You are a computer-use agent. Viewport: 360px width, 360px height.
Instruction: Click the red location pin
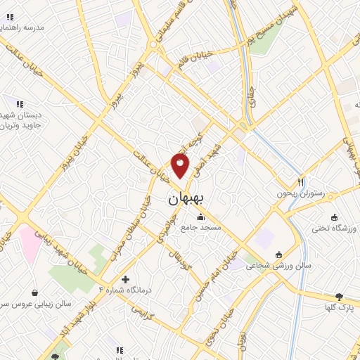pos(181,167)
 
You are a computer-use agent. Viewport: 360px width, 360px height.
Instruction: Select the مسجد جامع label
pos(200,228)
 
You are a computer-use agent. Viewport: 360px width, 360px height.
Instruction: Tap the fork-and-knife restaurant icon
pos(301,180)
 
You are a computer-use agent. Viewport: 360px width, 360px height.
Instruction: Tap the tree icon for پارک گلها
pos(339,297)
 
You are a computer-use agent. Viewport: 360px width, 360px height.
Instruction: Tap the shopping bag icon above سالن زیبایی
pos(35,292)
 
